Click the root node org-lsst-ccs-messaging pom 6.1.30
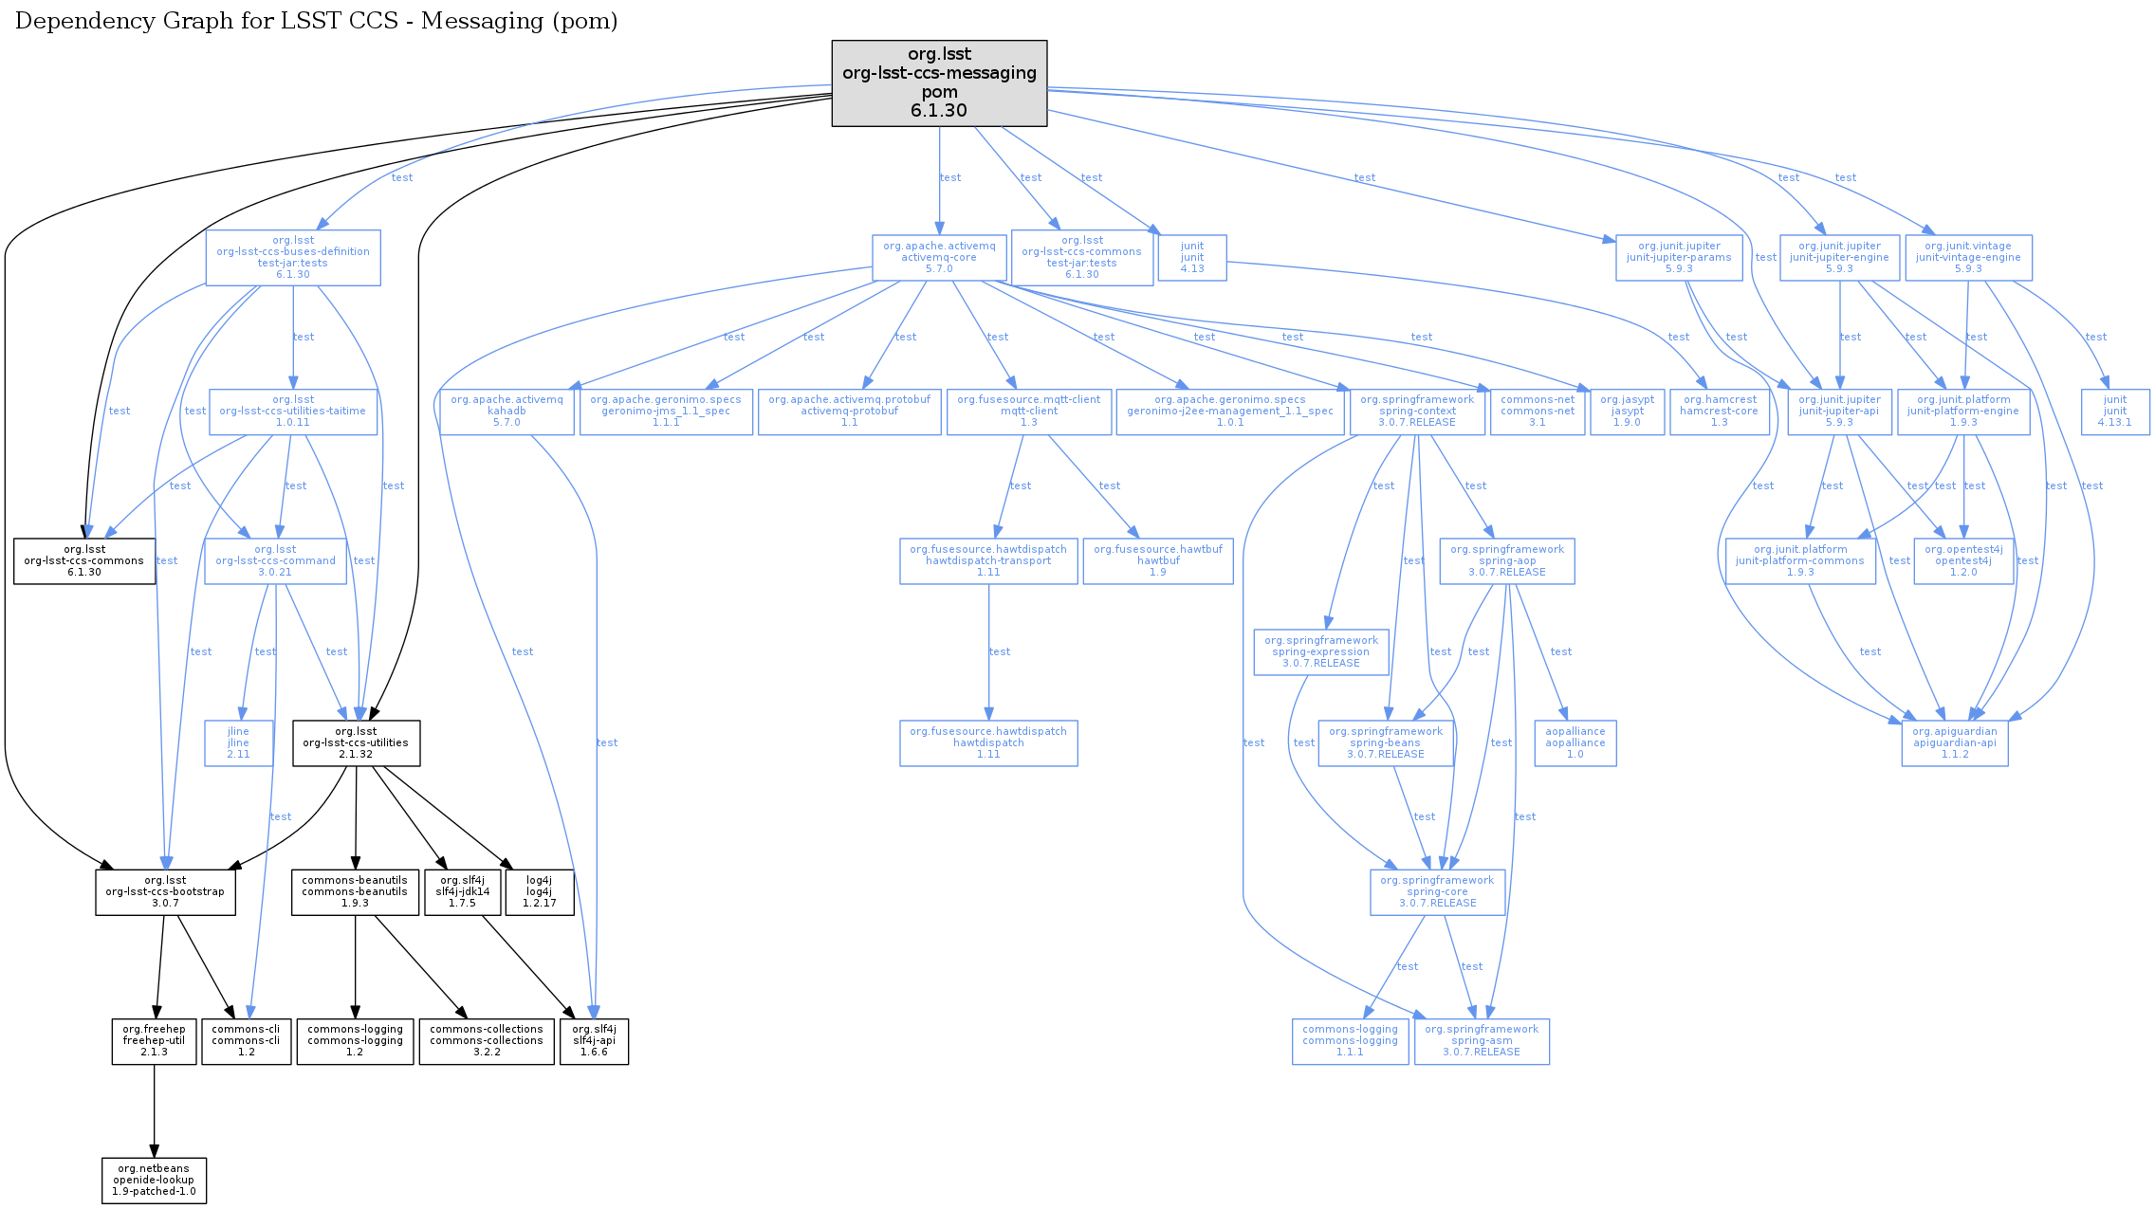pos(939,82)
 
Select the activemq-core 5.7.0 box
pos(939,257)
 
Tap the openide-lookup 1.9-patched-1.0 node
pos(154,1180)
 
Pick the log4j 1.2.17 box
pos(539,891)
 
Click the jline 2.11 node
pos(238,742)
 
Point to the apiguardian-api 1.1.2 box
pos(1954,742)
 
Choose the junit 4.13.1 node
pos(2114,411)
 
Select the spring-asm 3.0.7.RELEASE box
pos(1481,1040)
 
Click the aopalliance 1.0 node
pos(1575,742)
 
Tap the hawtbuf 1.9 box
pos(1157,560)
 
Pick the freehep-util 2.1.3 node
pos(154,1040)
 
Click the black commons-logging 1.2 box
pos(355,1040)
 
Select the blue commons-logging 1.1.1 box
pos(1350,1040)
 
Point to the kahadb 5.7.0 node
pos(507,411)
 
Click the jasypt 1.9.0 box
pos(1627,411)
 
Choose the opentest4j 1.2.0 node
pos(1962,560)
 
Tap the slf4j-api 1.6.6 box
pos(594,1040)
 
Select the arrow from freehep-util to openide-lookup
pos(154,1109)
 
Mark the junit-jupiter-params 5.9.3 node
pos(1678,257)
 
